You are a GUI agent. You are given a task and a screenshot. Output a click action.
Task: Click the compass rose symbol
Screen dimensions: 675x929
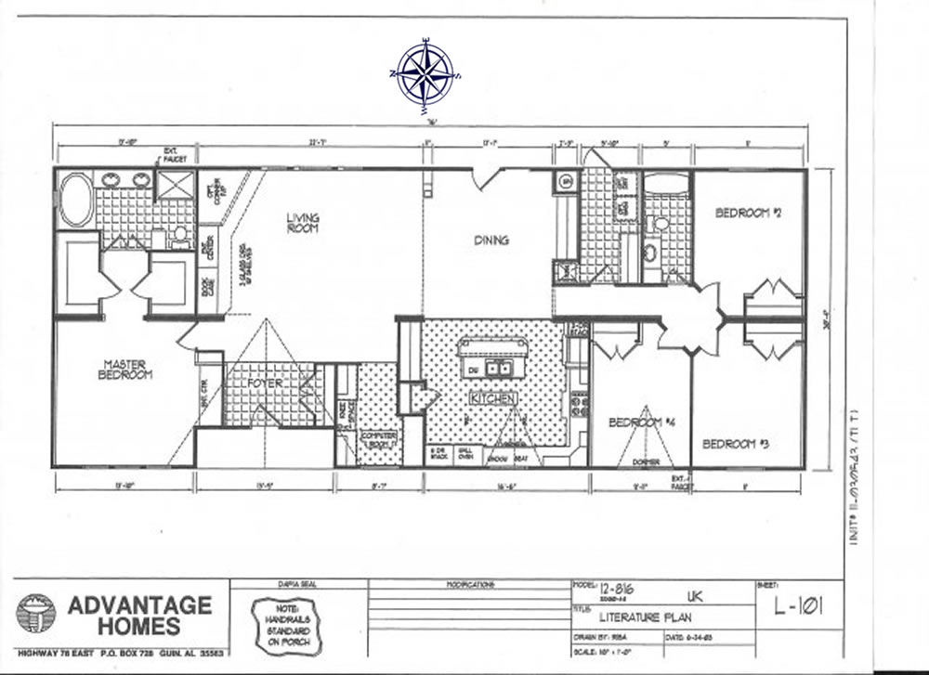tap(425, 72)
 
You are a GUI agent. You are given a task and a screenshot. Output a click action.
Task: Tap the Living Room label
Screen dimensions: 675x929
tap(303, 223)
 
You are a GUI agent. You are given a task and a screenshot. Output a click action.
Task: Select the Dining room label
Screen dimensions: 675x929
tap(491, 240)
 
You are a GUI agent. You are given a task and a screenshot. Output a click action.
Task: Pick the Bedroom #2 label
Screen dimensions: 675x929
tap(748, 213)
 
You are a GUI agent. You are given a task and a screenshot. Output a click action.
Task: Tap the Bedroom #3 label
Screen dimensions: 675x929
tap(734, 444)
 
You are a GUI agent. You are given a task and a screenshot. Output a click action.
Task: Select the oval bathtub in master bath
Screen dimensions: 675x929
tap(75, 200)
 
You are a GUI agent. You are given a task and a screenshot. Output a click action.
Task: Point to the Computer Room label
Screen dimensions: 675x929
tap(378, 439)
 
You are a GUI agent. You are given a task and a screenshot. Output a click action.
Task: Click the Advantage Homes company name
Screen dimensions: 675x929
tap(139, 615)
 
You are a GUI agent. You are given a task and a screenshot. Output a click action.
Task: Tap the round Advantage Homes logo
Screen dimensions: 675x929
tap(35, 614)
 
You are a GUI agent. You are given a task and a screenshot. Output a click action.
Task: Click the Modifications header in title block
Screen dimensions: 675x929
tap(469, 586)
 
